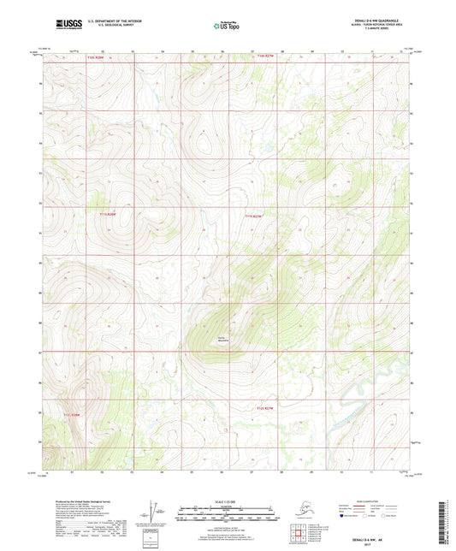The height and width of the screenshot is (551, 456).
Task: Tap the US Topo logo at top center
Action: [227, 27]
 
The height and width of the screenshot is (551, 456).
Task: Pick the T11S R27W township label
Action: [254, 216]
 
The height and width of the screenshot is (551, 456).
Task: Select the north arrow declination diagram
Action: [154, 511]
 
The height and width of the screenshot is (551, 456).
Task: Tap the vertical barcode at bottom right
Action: [446, 522]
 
